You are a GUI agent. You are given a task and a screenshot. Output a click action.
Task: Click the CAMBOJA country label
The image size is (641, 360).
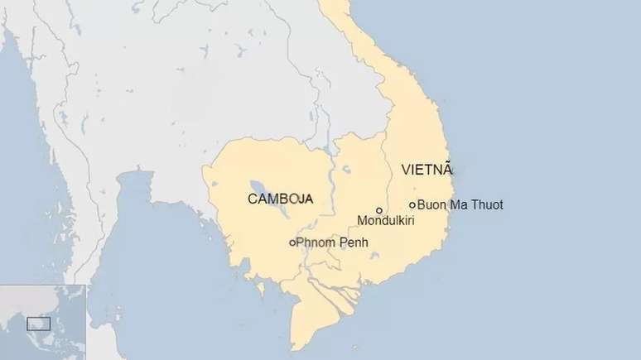pyautogui.click(x=280, y=199)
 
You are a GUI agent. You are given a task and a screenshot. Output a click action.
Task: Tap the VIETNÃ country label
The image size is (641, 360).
pyautogui.click(x=427, y=170)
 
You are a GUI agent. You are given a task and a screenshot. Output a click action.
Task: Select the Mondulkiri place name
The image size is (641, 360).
pyautogui.click(x=385, y=221)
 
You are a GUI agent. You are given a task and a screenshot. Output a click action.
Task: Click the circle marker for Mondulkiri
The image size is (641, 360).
pyautogui.click(x=379, y=210)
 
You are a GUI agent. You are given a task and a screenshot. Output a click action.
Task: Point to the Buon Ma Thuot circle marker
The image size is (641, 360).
pyautogui.click(x=412, y=204)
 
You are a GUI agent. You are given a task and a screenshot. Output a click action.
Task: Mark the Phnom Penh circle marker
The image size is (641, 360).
pyautogui.click(x=292, y=242)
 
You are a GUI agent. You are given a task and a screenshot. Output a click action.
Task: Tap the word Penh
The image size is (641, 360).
pyautogui.click(x=354, y=242)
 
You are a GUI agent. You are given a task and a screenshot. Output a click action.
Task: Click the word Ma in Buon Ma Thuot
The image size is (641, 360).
pyautogui.click(x=459, y=204)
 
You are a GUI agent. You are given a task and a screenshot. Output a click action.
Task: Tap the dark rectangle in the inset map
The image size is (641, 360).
pyautogui.click(x=38, y=323)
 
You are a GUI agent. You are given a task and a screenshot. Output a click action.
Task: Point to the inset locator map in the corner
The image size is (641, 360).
pyautogui.click(x=42, y=322)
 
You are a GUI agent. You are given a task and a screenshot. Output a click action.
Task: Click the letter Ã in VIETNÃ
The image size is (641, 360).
pyautogui.click(x=448, y=169)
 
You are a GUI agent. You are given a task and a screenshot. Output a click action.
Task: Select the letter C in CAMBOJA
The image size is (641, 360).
pyautogui.click(x=253, y=199)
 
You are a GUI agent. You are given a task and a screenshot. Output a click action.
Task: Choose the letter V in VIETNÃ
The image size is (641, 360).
pyautogui.click(x=406, y=170)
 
